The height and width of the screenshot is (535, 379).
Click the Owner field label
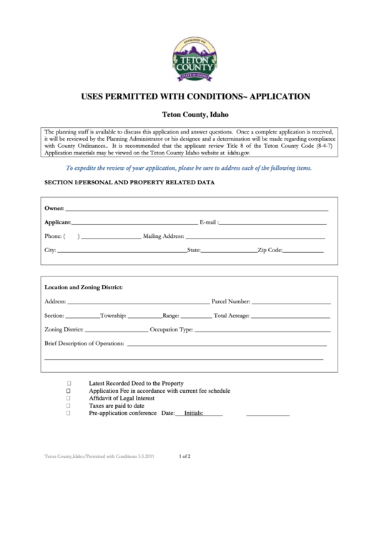(54, 208)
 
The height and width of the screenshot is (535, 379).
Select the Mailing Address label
(164, 236)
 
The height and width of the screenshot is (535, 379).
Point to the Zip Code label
(270, 251)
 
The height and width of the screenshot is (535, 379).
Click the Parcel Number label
(230, 301)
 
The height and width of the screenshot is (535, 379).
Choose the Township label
(114, 315)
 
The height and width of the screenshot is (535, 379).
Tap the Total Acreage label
(232, 315)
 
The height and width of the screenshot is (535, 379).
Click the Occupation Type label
(172, 330)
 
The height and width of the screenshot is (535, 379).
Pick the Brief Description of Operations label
(84, 344)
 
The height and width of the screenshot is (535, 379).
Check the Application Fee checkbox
(69, 391)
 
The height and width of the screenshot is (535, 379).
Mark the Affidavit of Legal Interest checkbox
(69, 399)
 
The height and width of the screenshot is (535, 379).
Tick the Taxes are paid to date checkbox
(69, 406)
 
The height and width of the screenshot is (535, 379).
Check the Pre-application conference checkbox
(69, 413)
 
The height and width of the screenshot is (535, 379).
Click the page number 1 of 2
(184, 455)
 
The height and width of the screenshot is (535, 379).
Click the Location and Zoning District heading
(84, 287)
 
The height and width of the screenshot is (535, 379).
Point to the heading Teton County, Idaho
(189, 115)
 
